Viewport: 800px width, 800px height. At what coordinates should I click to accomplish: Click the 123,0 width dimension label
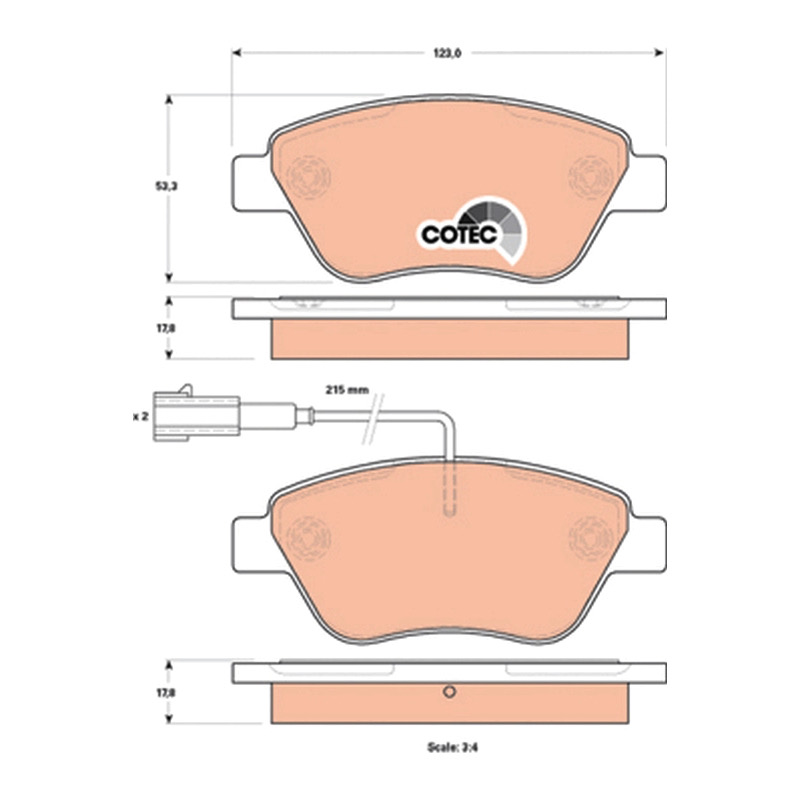tap(447, 53)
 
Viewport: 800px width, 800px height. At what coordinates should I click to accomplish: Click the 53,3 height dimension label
tap(166, 187)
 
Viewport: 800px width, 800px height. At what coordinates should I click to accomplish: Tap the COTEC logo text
tap(459, 235)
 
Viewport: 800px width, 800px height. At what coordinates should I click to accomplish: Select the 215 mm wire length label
tap(347, 390)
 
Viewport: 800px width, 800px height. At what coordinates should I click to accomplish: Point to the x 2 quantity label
tap(140, 417)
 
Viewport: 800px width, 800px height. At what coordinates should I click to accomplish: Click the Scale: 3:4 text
tap(453, 747)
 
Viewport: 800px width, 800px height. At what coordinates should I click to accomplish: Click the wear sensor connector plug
tap(196, 416)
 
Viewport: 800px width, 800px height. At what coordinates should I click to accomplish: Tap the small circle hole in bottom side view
tap(449, 692)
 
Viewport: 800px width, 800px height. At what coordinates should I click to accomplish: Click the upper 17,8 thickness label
tap(166, 329)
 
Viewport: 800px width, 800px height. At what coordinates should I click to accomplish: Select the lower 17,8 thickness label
tap(166, 693)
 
